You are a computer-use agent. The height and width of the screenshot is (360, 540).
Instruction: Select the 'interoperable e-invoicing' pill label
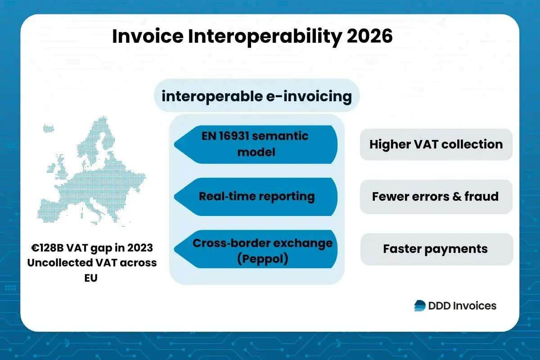coord(256,96)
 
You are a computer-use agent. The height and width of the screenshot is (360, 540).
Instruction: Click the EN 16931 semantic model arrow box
coord(256,144)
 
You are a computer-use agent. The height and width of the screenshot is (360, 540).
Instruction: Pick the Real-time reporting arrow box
coord(256,196)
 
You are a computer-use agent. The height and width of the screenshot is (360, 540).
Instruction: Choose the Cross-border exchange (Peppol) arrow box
coord(256,250)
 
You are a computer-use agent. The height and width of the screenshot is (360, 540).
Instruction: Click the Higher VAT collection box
coord(436,144)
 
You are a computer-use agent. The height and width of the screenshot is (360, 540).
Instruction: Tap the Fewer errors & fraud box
coord(436,197)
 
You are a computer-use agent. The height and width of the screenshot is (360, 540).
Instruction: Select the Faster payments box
coord(436,249)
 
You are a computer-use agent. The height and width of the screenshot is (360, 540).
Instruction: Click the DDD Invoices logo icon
coord(419,306)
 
